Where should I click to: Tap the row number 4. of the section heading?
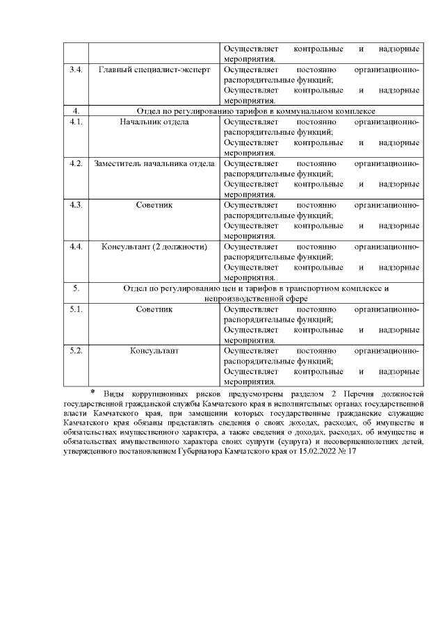[x=76, y=111]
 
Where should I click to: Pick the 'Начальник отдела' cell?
[x=154, y=122]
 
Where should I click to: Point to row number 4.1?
[x=76, y=122]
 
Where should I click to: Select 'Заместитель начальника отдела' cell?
[x=154, y=163]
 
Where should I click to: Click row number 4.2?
[x=76, y=163]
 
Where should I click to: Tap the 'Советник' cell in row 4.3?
[x=154, y=205]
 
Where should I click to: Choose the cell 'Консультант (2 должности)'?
[x=154, y=247]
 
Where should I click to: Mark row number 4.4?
[x=76, y=247]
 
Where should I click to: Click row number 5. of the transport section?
[x=76, y=287]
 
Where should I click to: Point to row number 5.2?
[x=76, y=350]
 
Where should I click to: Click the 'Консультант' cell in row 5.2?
[x=154, y=350]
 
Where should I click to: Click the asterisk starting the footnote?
[x=92, y=393]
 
